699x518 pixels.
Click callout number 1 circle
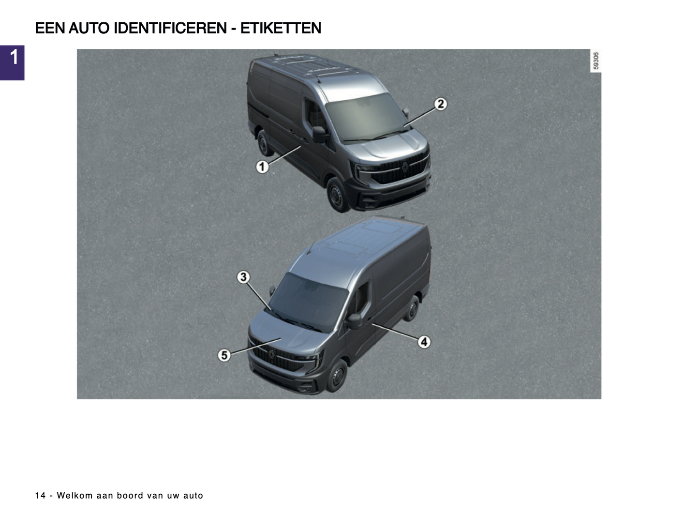[262, 167]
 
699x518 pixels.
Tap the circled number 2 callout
[440, 104]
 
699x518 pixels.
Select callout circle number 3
[243, 277]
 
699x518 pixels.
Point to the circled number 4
[424, 342]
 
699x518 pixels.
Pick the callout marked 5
[224, 355]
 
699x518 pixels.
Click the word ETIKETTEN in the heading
[281, 28]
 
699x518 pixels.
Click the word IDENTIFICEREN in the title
[170, 28]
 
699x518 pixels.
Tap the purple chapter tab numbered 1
[12, 63]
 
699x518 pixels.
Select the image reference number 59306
[595, 61]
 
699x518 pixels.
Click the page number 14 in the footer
[40, 496]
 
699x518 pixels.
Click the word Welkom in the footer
[74, 496]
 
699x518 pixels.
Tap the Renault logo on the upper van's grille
[405, 167]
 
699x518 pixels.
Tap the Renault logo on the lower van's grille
[271, 354]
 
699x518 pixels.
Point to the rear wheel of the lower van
[412, 308]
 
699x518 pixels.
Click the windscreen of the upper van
[366, 116]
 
